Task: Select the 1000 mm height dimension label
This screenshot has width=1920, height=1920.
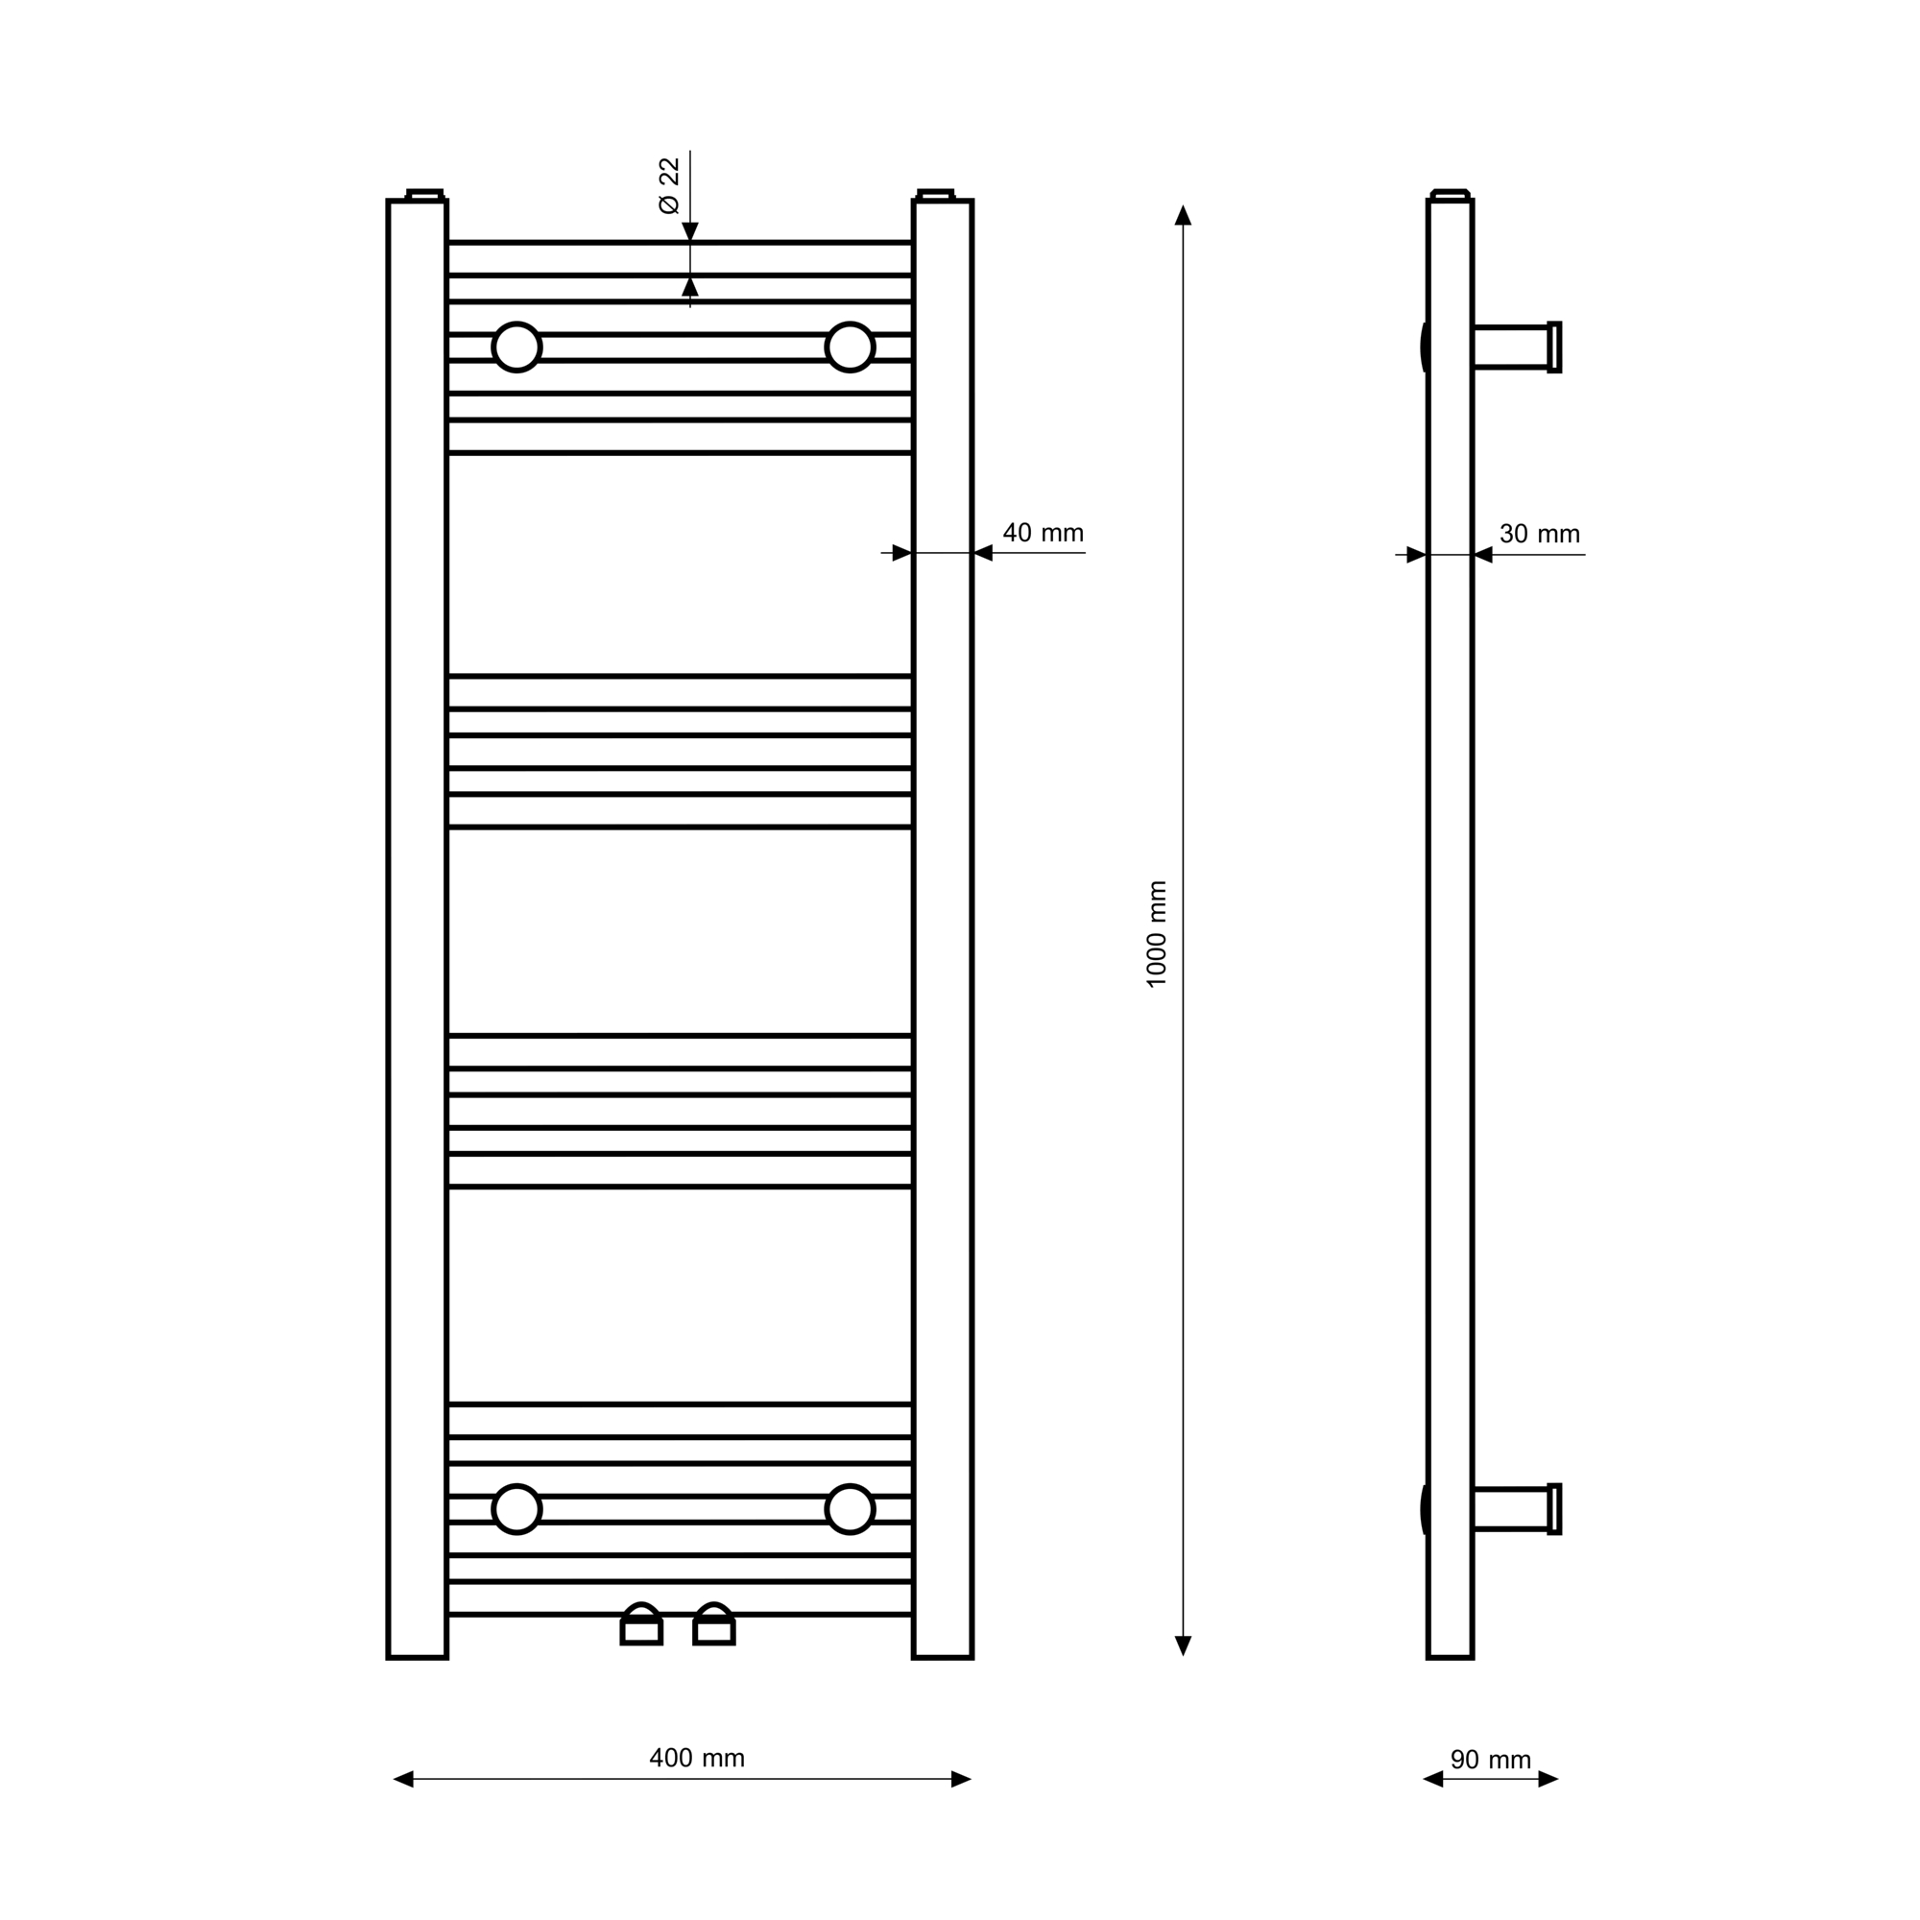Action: click(x=1157, y=933)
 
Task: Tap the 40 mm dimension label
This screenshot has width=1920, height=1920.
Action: click(x=1043, y=533)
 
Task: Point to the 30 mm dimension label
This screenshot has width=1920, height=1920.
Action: click(x=1540, y=534)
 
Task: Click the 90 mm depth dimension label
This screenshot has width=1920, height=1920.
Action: click(x=1491, y=1760)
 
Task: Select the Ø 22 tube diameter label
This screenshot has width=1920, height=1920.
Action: click(x=669, y=185)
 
